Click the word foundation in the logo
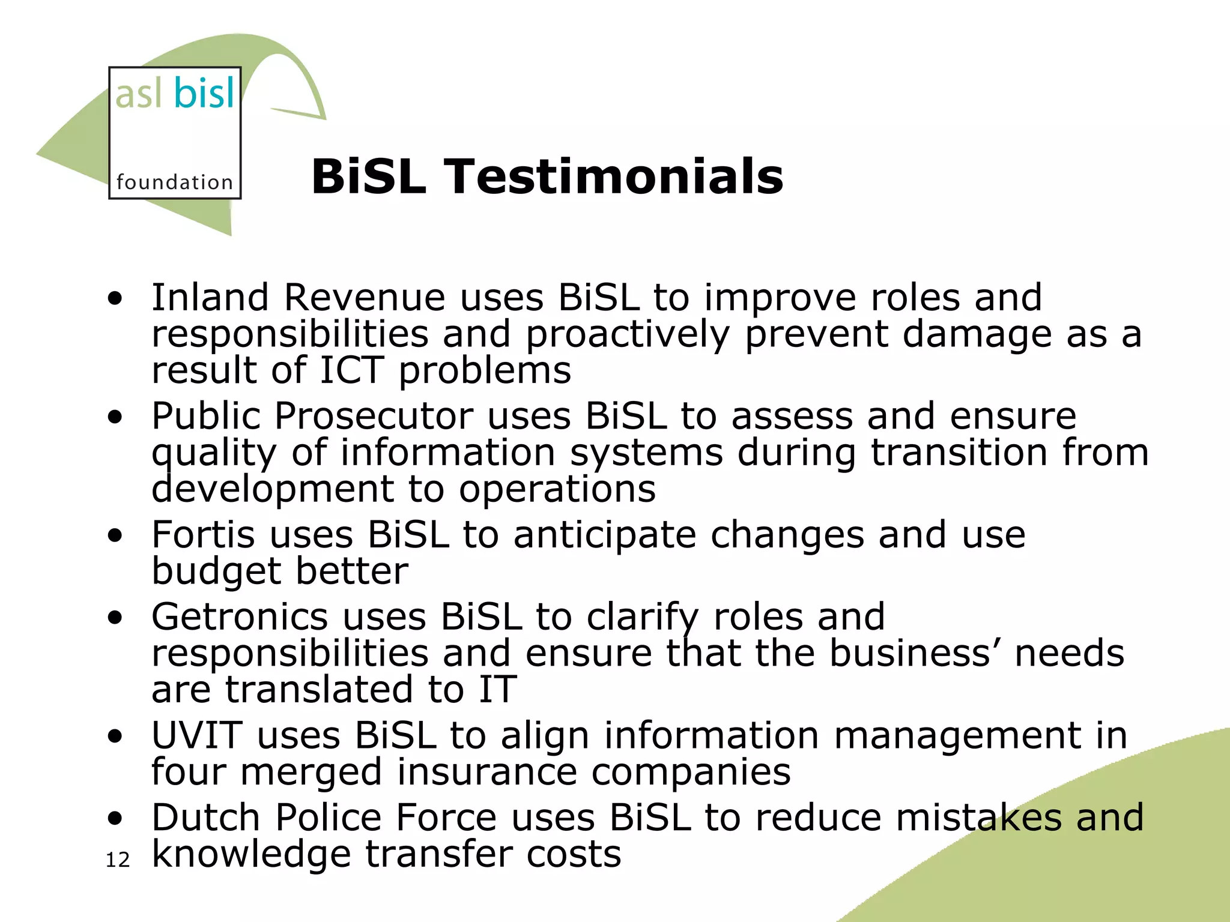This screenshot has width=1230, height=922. click(174, 182)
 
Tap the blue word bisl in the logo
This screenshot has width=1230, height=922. click(204, 94)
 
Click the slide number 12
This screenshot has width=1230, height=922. click(118, 860)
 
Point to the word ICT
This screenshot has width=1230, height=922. click(351, 370)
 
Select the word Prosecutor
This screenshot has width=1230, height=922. click(374, 415)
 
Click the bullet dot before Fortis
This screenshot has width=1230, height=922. click(115, 535)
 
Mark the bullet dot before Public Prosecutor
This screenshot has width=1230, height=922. click(115, 417)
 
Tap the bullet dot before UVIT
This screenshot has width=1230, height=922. click(115, 736)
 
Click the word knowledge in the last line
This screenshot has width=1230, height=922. click(251, 854)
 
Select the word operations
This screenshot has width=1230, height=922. click(557, 489)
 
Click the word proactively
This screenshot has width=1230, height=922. click(628, 334)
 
